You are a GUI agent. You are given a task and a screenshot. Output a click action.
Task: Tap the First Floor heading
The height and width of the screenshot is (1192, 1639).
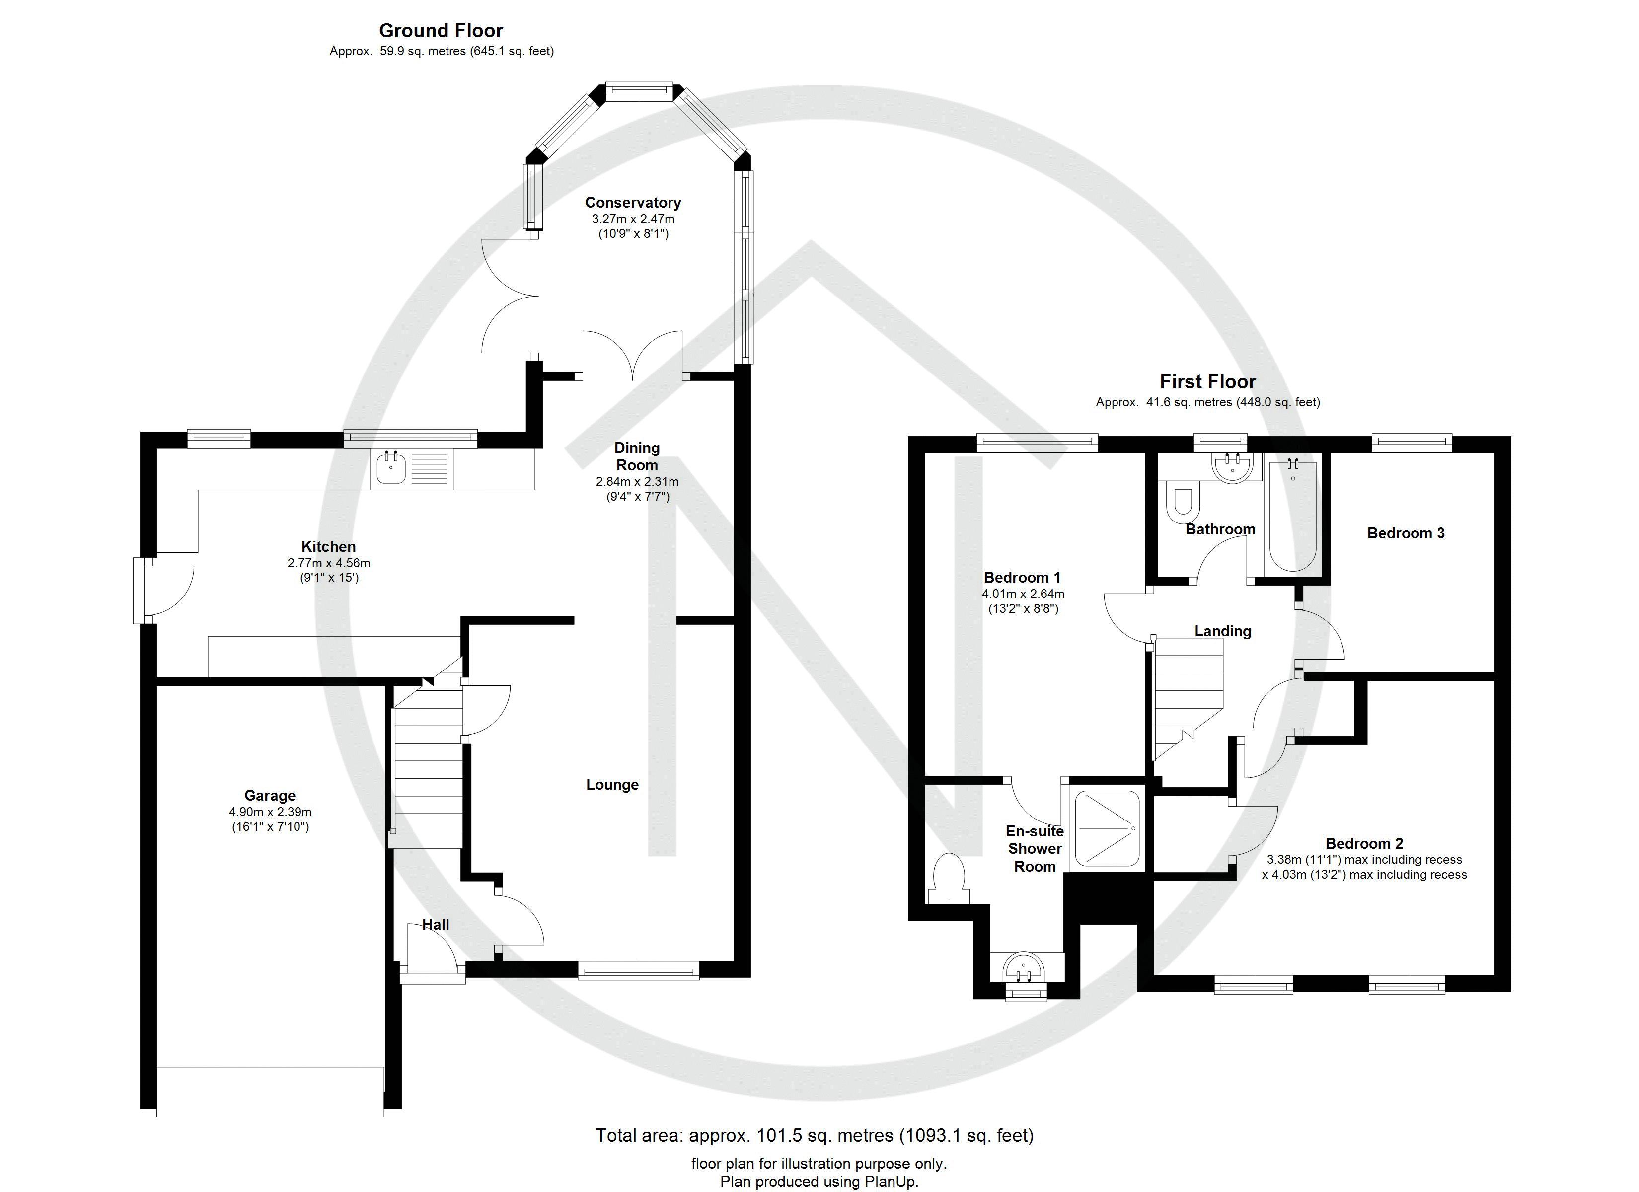(1207, 381)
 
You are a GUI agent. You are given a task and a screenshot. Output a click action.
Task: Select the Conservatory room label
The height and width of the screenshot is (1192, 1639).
(633, 203)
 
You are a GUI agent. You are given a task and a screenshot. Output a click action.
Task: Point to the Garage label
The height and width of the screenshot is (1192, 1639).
(270, 796)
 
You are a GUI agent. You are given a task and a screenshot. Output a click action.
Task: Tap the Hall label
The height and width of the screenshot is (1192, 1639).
(436, 924)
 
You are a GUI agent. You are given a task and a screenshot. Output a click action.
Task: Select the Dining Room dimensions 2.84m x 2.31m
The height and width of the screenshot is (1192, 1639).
(637, 481)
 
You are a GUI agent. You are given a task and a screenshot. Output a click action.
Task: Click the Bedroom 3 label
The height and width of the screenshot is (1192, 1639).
(1406, 533)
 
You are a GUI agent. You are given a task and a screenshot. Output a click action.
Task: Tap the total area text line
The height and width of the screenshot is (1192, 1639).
(815, 1135)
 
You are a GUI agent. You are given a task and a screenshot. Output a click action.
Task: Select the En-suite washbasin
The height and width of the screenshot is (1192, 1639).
(1025, 967)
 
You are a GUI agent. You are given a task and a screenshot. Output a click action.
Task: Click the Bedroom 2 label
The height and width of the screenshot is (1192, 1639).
(1364, 843)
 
